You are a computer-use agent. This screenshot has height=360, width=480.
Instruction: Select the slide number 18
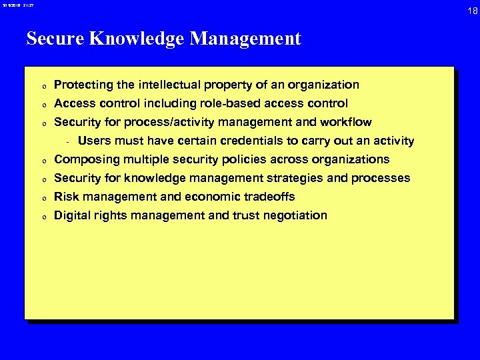tap(472, 10)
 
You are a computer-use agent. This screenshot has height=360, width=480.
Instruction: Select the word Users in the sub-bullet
tap(94, 141)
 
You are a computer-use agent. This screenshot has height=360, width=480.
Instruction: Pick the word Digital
tap(72, 215)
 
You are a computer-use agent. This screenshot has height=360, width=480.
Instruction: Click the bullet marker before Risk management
tap(42, 198)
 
